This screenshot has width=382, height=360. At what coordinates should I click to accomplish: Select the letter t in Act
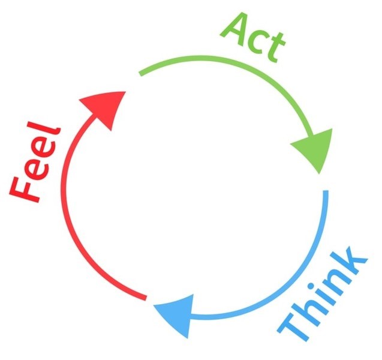273,48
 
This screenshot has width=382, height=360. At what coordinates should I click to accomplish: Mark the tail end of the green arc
140,73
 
